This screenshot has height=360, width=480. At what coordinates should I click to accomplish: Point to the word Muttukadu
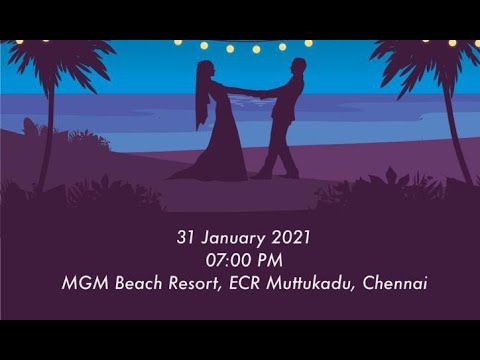pyautogui.click(x=304, y=283)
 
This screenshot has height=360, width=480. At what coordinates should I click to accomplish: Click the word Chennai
pyautogui.click(x=394, y=283)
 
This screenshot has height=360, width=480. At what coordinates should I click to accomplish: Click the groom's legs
pyautogui.click(x=279, y=150)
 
